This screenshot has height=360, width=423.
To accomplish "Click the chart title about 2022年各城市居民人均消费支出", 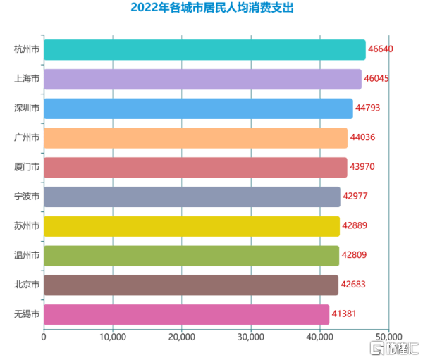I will [211, 8].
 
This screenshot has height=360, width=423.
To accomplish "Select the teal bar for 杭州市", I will [204, 50].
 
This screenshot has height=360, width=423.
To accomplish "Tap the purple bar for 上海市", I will [202, 79].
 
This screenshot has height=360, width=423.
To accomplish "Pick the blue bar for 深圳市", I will [198, 108].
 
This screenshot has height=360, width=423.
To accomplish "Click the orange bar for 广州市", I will [195, 138].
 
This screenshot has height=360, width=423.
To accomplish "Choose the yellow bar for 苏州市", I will [192, 226].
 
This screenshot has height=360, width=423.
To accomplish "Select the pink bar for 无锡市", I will [186, 314].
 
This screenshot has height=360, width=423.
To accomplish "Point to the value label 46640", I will [383, 50].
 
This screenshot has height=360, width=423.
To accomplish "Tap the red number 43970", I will [364, 167].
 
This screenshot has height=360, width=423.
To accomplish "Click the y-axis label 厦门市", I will [27, 167].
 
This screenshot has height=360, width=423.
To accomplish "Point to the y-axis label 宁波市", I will [27, 197].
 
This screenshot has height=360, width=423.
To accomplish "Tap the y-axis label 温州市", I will [27, 255].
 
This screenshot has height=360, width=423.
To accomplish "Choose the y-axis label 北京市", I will [27, 285].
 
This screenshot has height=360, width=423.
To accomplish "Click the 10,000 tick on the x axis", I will [113, 337].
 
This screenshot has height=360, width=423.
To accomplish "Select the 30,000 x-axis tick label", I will [251, 337].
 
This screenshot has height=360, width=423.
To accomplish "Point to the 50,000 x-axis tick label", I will [388, 337].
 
